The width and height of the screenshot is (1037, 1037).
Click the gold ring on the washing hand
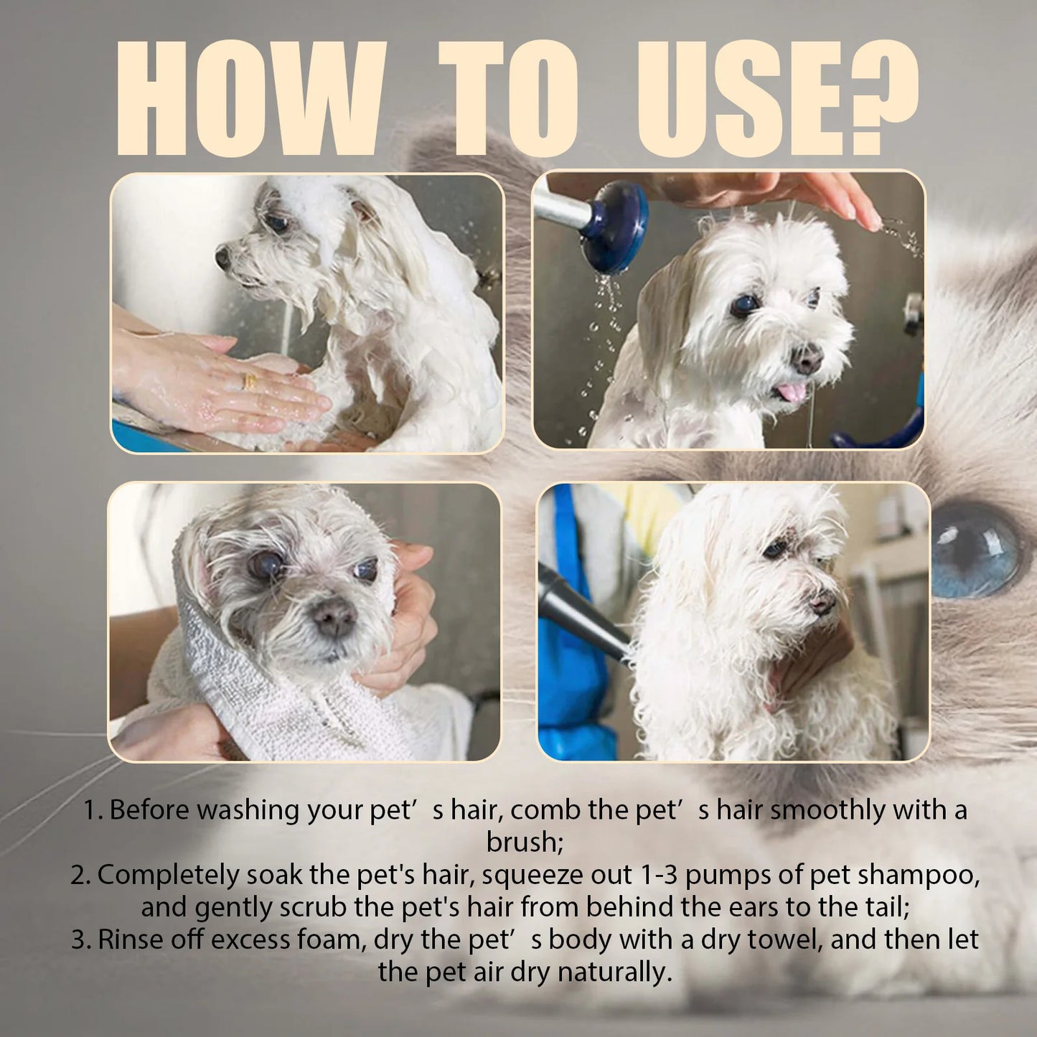(x=250, y=381)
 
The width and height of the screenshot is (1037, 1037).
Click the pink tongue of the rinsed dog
(x=792, y=392)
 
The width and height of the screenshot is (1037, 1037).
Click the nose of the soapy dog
(x=223, y=257)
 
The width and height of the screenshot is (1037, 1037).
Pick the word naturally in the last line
(x=614, y=972)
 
